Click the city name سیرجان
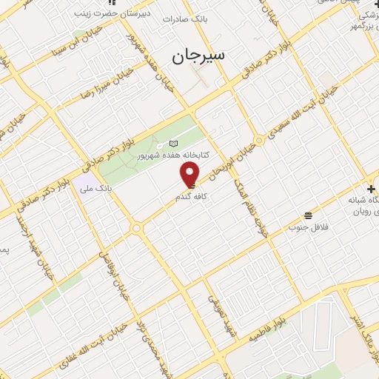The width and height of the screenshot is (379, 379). [199, 56]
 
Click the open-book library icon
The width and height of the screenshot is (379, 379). [175, 144]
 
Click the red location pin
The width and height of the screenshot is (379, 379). [190, 175]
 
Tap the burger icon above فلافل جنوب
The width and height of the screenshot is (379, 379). [308, 215]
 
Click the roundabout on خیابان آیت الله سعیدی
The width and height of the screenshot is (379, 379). [259, 140]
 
